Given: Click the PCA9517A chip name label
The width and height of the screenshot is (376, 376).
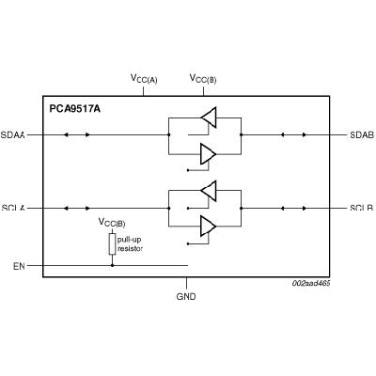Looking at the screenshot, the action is [x=75, y=109].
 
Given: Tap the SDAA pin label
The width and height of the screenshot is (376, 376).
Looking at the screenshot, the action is [x=12, y=135].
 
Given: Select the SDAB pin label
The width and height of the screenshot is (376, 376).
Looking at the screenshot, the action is [x=362, y=135].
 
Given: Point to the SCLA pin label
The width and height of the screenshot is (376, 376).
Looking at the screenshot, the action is [x=13, y=208].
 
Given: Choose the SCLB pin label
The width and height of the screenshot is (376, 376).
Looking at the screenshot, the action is [x=362, y=208].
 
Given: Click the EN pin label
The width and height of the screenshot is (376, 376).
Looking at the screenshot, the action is [x=19, y=266].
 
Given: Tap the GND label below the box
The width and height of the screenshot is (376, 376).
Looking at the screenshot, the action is [x=186, y=296].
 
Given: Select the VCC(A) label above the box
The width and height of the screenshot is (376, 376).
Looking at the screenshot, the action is [x=144, y=79].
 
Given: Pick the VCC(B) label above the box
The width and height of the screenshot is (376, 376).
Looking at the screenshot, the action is [x=203, y=79].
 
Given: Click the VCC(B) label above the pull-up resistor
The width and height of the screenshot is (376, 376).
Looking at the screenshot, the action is [x=112, y=223].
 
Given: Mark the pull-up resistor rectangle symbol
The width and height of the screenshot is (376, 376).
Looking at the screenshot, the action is [x=112, y=243].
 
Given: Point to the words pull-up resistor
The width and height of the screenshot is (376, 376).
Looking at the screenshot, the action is [x=130, y=244].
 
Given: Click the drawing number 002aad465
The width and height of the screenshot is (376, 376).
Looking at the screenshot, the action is [x=311, y=283].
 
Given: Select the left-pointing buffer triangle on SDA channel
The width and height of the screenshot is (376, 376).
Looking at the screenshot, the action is [x=209, y=117].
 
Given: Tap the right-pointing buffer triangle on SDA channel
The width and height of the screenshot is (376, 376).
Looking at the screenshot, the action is [x=209, y=154].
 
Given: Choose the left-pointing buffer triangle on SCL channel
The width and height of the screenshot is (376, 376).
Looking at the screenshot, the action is [x=209, y=191].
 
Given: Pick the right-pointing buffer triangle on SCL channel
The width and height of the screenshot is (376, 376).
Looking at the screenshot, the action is [x=209, y=226].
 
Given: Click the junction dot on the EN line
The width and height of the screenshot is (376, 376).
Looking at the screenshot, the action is [x=112, y=265].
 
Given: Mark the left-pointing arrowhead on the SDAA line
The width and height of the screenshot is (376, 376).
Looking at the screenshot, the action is [x=66, y=135].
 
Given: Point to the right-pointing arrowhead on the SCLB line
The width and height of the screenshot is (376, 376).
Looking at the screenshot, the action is [x=305, y=208].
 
